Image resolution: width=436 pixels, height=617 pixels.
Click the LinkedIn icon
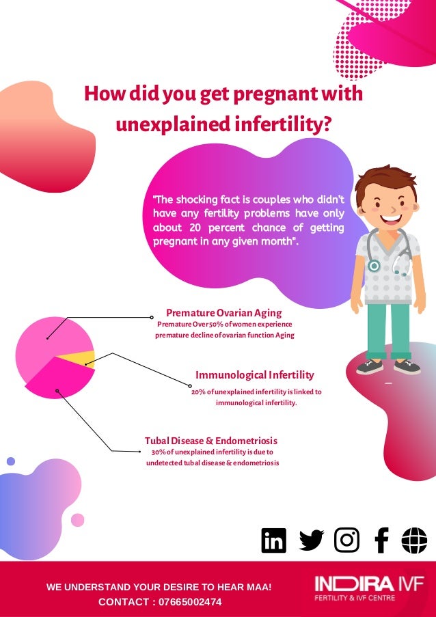274,540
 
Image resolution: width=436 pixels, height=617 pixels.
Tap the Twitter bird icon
312,540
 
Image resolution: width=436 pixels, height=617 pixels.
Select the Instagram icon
346,540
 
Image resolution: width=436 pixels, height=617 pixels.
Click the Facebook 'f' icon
381,540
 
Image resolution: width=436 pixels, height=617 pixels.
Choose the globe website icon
414,540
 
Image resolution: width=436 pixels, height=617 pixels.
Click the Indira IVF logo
369,589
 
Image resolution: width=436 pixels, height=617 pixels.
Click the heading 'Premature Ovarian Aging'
224,313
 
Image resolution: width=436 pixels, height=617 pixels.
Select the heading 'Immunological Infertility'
255,375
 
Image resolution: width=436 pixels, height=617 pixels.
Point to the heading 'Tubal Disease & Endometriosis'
211,441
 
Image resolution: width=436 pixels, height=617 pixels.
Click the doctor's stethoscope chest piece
374,266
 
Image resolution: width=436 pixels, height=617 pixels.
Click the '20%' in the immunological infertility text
198,392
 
